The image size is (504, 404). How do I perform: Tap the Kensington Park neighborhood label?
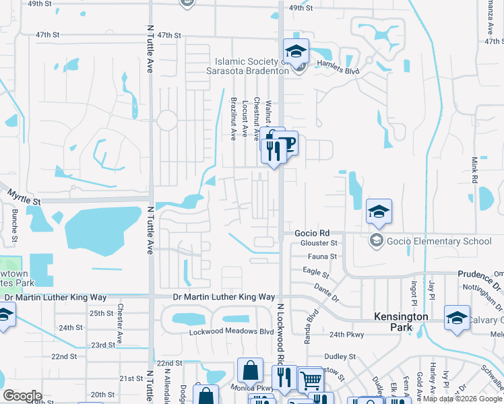click(402, 322)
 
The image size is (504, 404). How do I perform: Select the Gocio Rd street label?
click(311, 232)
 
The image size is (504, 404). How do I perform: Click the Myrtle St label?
click(24, 197)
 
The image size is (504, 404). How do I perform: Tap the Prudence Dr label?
click(480, 275)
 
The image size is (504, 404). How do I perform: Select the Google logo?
click(22, 396)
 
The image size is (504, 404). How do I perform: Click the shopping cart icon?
click(310, 380)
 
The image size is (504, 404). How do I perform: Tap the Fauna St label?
click(323, 257)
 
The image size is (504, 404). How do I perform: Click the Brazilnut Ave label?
click(233, 119)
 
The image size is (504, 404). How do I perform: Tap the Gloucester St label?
click(320, 242)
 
